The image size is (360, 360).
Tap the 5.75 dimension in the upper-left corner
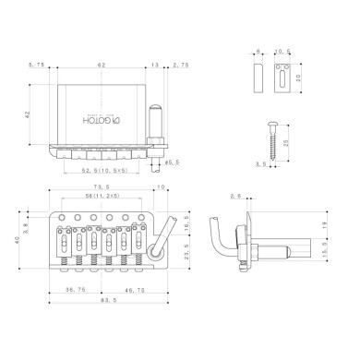(x=38, y=66)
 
